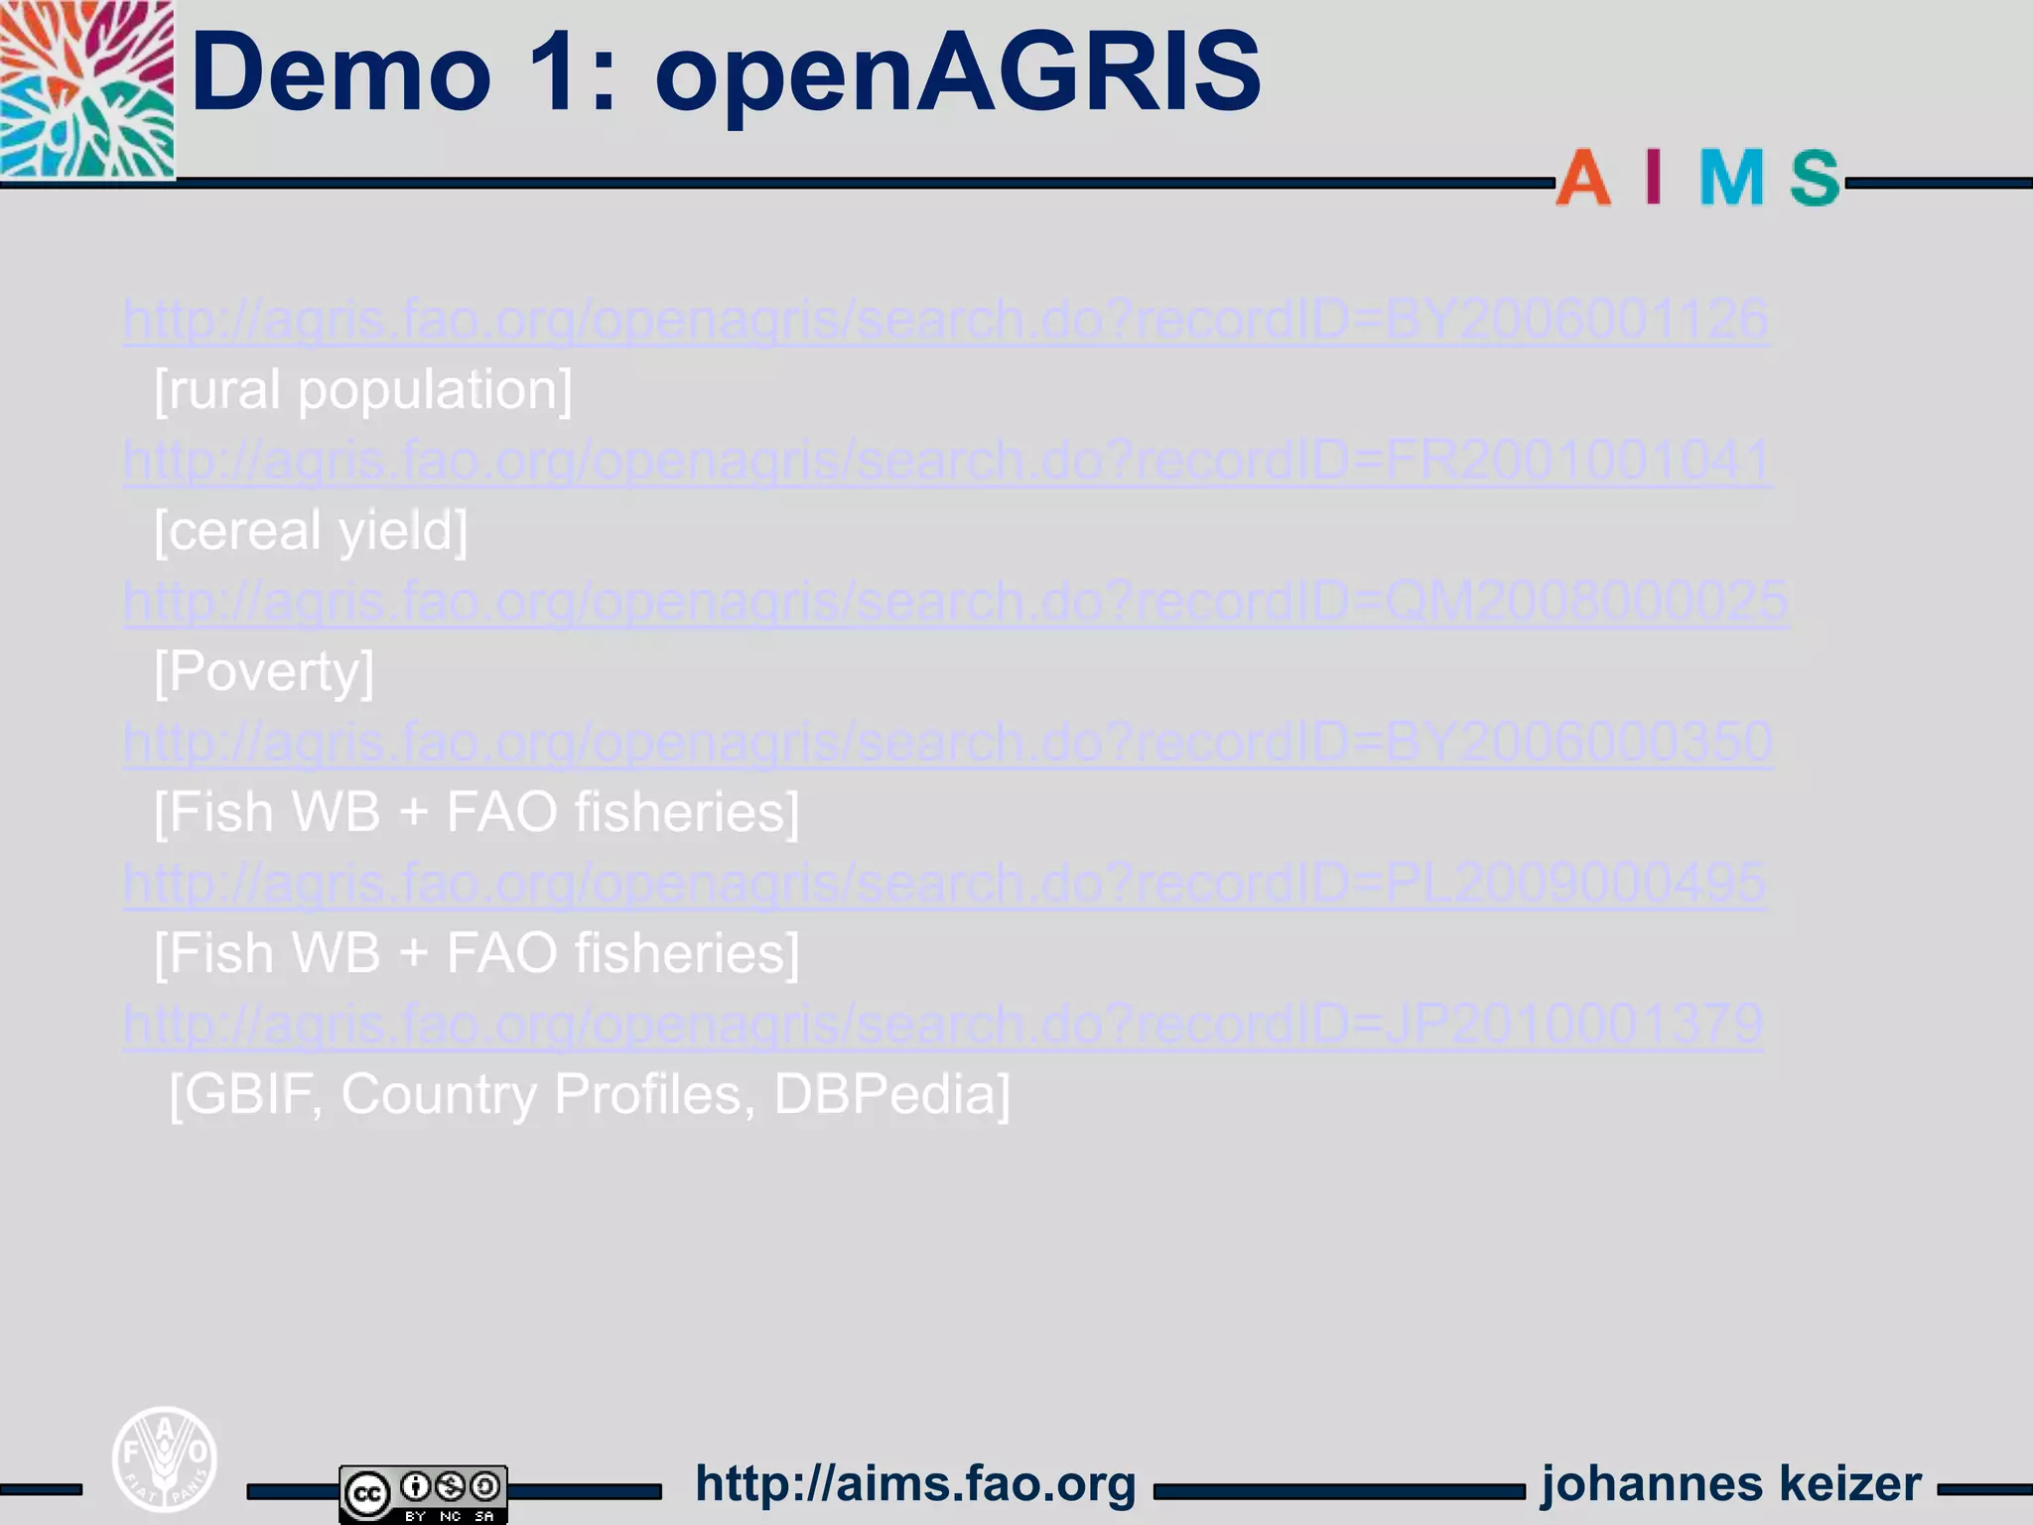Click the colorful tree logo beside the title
tap(87, 89)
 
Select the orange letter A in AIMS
tap(1582, 179)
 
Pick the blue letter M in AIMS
tap(1731, 179)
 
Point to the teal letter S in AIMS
tap(1815, 179)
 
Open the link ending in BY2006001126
tap(945, 320)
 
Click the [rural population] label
tap(363, 390)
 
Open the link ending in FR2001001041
tap(947, 461)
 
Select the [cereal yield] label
tap(311, 531)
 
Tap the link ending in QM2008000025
tap(955, 602)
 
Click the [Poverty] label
tap(264, 672)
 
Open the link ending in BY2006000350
tap(947, 743)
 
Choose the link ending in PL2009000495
tap(944, 884)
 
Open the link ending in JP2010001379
tap(943, 1025)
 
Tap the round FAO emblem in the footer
tap(164, 1458)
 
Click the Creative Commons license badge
tap(423, 1493)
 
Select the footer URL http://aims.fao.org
tap(915, 1484)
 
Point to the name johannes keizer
tap(1731, 1484)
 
